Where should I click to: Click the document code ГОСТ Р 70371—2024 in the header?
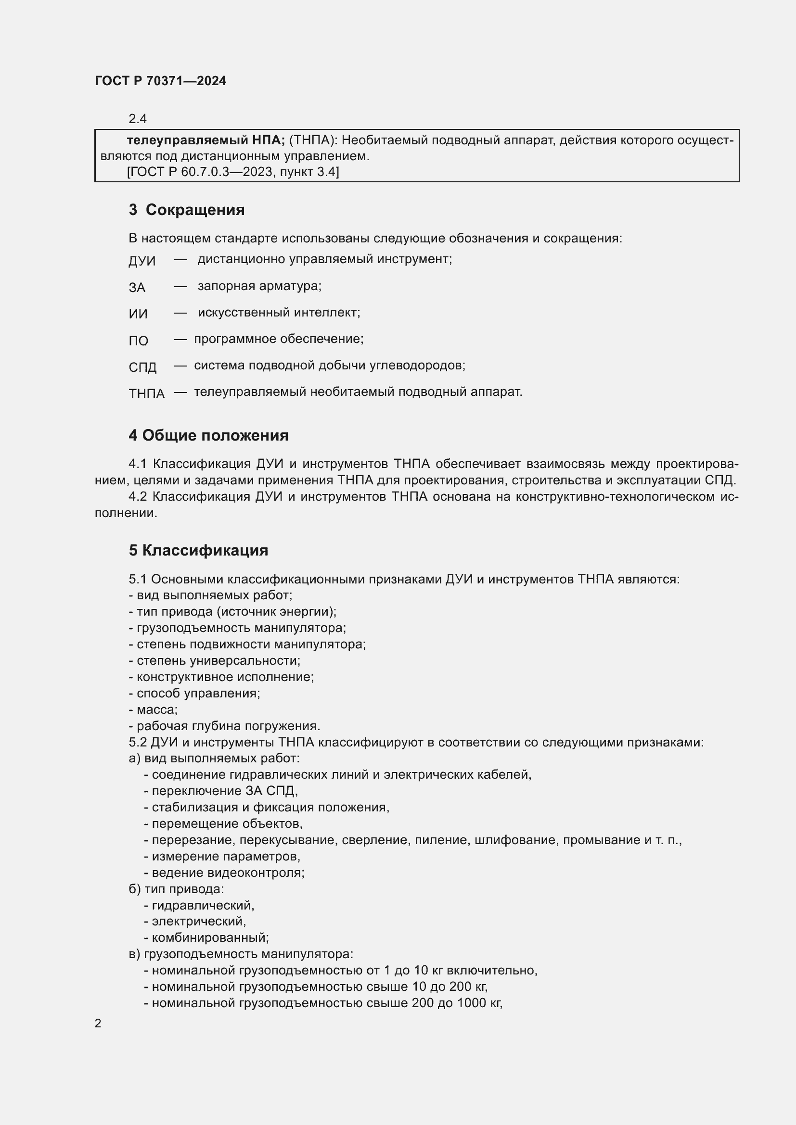pyautogui.click(x=160, y=81)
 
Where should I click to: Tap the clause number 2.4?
pyautogui.click(x=138, y=119)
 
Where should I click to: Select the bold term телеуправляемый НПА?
pyautogui.click(x=206, y=140)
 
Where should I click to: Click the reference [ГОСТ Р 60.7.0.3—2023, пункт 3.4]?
pyautogui.click(x=233, y=172)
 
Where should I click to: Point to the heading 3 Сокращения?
pyautogui.click(x=186, y=210)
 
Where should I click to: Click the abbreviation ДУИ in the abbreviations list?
pyautogui.click(x=142, y=261)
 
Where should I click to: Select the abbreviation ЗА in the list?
pyautogui.click(x=137, y=288)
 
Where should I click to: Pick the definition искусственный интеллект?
pyautogui.click(x=279, y=313)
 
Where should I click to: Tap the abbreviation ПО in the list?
pyautogui.click(x=139, y=341)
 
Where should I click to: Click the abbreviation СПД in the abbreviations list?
pyautogui.click(x=142, y=367)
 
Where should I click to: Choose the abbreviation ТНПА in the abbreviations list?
pyautogui.click(x=147, y=393)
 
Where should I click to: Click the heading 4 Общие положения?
pyautogui.click(x=208, y=435)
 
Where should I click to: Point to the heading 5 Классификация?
pyautogui.click(x=198, y=550)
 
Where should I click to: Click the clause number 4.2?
pyautogui.click(x=138, y=497)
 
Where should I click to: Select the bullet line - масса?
pyautogui.click(x=153, y=709)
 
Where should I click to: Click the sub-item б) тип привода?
pyautogui.click(x=176, y=889)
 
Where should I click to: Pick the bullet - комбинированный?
pyautogui.click(x=206, y=938)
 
